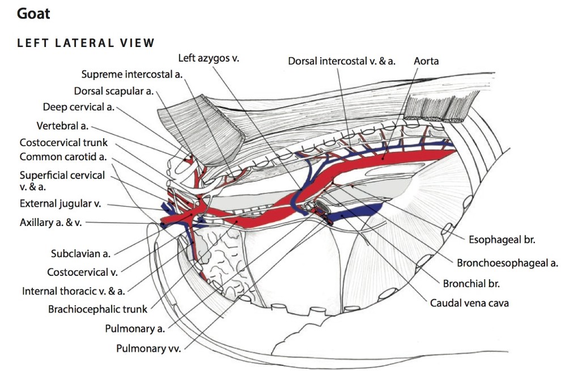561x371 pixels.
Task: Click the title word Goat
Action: (x=33, y=14)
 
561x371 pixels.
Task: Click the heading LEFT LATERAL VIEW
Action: (x=86, y=43)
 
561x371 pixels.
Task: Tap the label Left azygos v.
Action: (x=208, y=58)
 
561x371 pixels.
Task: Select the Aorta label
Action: (x=426, y=61)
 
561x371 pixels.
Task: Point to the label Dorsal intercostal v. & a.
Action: (x=341, y=61)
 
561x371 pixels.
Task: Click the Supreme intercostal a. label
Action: (x=131, y=74)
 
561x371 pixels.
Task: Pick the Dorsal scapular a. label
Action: (x=114, y=91)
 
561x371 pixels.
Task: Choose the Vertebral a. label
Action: (x=62, y=125)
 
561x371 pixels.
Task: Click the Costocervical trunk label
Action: (x=63, y=143)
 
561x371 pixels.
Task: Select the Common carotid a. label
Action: (x=63, y=157)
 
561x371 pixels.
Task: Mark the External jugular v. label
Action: (x=63, y=204)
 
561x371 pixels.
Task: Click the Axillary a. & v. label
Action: (x=50, y=223)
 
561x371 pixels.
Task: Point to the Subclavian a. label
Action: (x=80, y=254)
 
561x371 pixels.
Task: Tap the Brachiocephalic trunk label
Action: (x=97, y=309)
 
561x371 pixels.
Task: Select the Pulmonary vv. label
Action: (x=148, y=348)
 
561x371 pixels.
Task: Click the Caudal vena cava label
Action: (x=469, y=303)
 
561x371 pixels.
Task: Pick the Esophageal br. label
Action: (x=501, y=240)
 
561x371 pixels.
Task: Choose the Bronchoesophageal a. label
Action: (x=507, y=262)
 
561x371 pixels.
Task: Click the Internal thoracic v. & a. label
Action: (x=74, y=291)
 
